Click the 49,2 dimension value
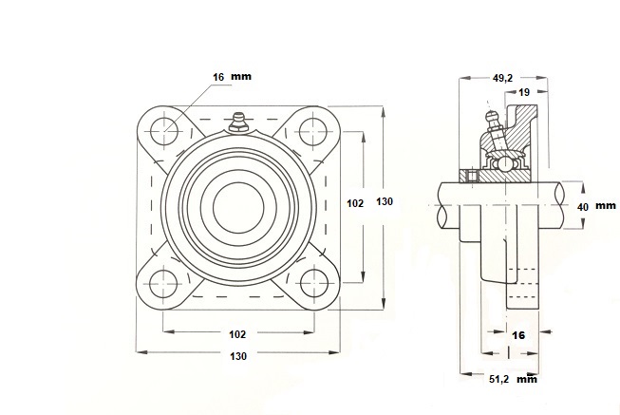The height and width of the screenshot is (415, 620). coord(502,78)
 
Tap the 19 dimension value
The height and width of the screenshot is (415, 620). coord(524,92)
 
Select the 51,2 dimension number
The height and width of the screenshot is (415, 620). coord(498,380)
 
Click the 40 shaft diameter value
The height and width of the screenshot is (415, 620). coord(583,207)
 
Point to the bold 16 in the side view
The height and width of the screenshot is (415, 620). coord(518,335)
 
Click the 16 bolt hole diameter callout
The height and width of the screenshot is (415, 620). coord(218,77)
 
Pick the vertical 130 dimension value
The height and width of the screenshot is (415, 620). coord(385,201)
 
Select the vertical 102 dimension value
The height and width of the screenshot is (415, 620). coord(355,203)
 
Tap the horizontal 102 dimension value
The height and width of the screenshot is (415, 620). coord(237,334)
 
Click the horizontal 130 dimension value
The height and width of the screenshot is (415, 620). coord(238,356)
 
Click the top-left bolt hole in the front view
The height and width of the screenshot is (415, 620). coord(163,132)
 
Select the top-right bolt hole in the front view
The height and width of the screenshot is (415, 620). coord(313,132)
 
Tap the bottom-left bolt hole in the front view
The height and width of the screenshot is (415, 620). coord(163,284)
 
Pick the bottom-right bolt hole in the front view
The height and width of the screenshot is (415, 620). coord(314,284)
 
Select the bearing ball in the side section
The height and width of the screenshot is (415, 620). coord(504,162)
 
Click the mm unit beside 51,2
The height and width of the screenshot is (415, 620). coord(527,380)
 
